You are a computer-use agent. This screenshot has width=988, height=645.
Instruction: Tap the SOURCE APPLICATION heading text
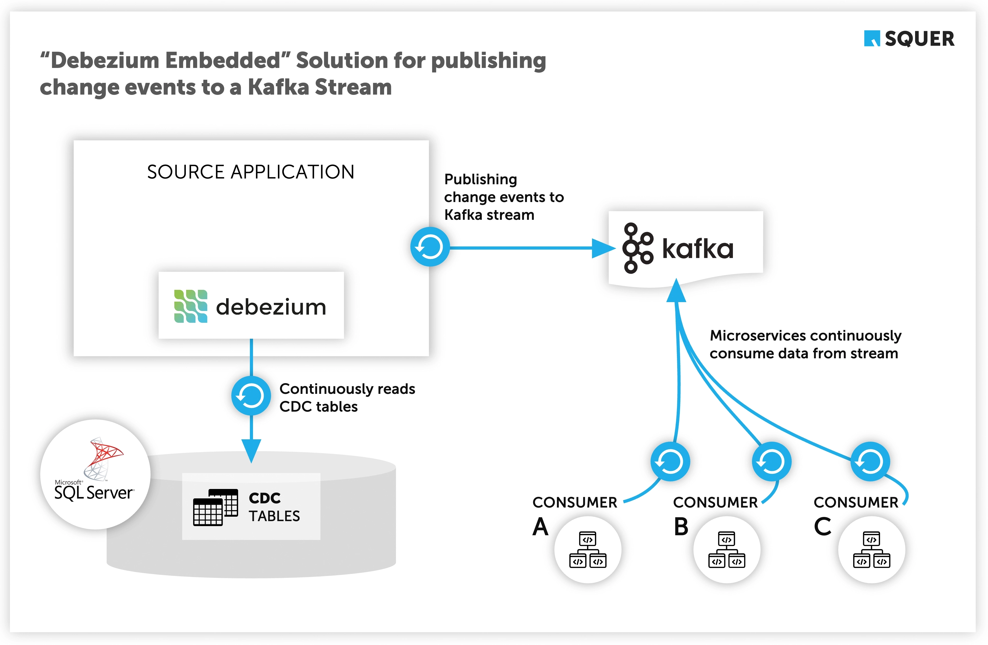251,172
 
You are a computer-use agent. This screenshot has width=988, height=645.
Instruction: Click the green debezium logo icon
191,306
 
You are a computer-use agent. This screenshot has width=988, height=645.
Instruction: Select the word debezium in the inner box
271,307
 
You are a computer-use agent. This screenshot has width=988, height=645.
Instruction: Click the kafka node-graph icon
637,248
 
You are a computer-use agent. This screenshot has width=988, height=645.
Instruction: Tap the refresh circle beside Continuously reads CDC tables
251,396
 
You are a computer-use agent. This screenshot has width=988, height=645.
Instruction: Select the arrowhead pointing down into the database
251,450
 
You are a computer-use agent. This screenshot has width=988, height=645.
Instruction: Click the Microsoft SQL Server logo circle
95,474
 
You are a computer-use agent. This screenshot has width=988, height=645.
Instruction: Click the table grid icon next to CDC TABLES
215,507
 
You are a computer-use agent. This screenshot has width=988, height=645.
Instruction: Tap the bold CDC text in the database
265,498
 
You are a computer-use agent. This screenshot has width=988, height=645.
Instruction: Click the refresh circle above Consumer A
670,461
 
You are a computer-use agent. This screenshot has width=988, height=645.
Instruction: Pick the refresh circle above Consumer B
771,461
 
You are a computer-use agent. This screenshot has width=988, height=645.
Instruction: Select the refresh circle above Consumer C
870,461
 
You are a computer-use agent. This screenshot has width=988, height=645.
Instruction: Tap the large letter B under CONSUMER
681,527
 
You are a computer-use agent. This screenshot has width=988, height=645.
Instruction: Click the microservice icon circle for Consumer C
871,550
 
